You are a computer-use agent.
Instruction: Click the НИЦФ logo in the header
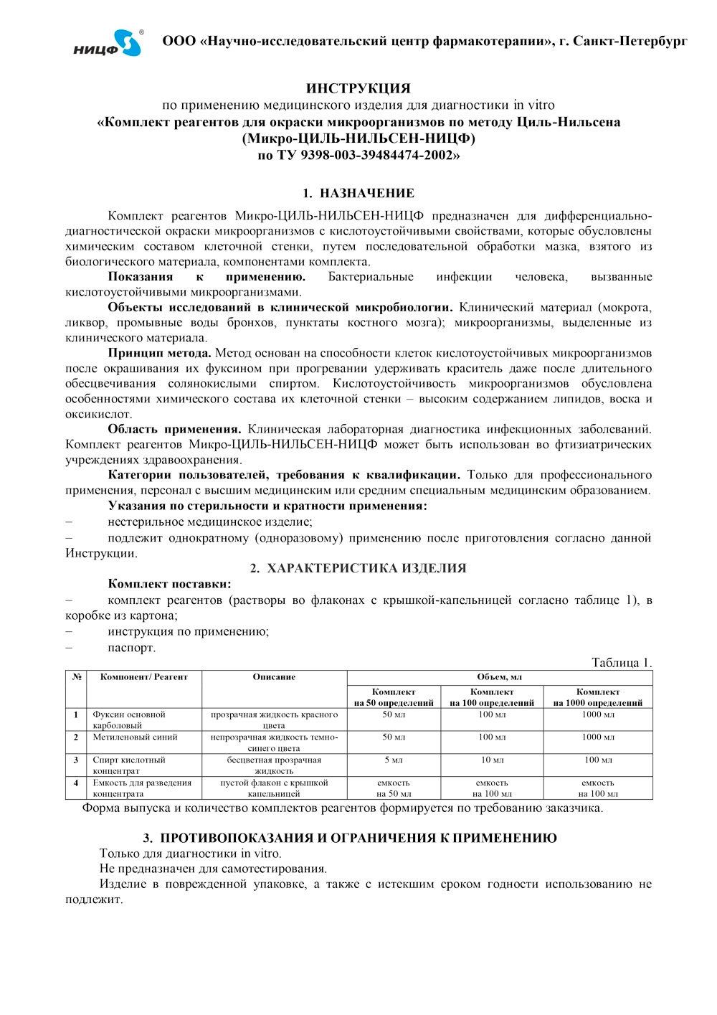[108, 43]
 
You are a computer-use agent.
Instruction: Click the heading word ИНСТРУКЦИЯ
[358, 89]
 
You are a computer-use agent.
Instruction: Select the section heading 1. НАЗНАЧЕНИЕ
[358, 193]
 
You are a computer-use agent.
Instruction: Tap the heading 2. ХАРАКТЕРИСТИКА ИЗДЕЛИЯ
[358, 568]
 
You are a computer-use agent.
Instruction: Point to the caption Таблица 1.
[622, 663]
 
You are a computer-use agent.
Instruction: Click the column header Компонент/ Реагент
[144, 677]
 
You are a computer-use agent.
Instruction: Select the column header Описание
[274, 677]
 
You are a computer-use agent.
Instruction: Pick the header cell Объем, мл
[500, 677]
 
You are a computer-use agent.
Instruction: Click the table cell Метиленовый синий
[135, 737]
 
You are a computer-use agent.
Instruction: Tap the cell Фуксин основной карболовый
[129, 719]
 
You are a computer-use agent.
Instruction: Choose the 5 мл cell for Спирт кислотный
[394, 760]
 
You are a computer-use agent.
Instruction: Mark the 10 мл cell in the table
[492, 760]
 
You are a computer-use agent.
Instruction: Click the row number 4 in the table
[76, 783]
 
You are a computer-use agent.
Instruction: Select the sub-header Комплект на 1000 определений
[598, 697]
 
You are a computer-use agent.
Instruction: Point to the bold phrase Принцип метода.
[160, 353]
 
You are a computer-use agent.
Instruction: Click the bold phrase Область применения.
[174, 429]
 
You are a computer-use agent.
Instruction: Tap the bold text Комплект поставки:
[169, 584]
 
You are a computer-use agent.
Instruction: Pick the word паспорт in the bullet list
[131, 648]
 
